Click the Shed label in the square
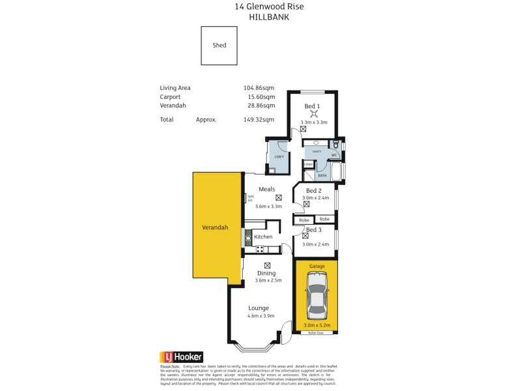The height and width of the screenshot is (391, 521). [219, 46]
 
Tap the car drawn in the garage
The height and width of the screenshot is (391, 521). [317, 297]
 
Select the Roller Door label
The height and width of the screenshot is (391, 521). [317, 333]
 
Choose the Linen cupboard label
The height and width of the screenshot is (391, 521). [309, 164]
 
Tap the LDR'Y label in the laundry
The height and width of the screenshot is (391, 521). [279, 158]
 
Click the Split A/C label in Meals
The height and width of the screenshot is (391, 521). [250, 199]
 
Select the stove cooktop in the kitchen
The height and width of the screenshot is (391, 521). [259, 249]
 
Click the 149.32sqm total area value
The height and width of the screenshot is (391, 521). [259, 120]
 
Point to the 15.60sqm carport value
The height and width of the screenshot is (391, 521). [261, 96]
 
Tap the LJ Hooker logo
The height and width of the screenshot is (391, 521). [182, 357]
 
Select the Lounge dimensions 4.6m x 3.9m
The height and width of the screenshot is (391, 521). [261, 316]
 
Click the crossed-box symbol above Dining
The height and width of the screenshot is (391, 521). [268, 265]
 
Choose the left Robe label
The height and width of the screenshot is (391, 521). [303, 220]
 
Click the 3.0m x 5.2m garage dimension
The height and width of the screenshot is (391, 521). [317, 325]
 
